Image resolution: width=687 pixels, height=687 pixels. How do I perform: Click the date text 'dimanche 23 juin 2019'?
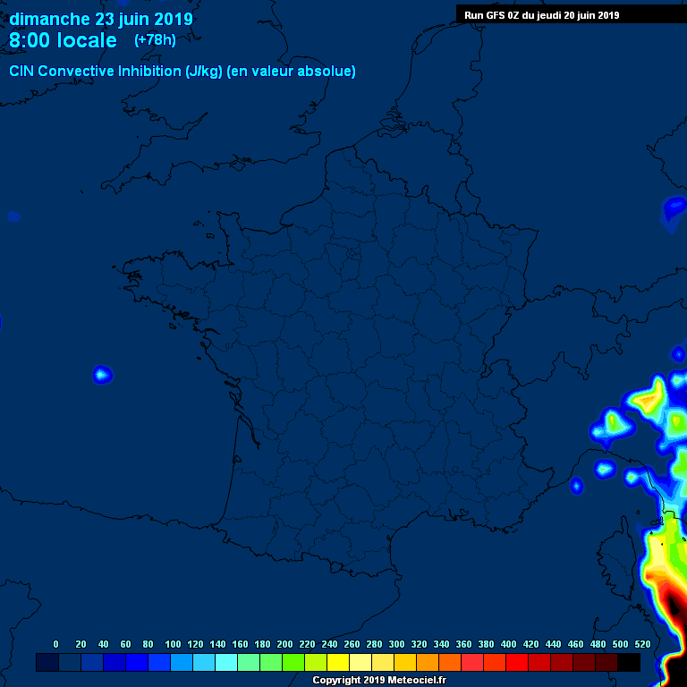click(x=100, y=19)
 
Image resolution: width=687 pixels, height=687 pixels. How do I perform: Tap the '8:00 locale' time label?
click(x=63, y=40)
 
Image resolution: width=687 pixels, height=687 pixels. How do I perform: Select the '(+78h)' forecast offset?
click(x=155, y=39)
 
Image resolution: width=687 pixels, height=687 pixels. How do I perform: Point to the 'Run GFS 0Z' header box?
click(x=542, y=14)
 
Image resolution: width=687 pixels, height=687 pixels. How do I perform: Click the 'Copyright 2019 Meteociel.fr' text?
click(x=379, y=681)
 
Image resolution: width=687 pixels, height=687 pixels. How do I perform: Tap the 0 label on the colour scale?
click(x=56, y=644)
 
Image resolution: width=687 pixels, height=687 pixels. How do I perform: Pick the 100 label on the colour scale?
click(x=173, y=644)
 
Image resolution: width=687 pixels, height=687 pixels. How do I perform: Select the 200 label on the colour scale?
click(x=285, y=644)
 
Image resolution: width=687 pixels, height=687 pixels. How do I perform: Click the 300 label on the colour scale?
click(x=397, y=644)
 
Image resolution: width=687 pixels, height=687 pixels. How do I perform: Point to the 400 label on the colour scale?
click(x=509, y=644)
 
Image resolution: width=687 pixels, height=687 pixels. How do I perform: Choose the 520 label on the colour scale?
click(x=642, y=644)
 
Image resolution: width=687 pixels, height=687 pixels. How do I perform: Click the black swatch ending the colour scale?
click(x=629, y=662)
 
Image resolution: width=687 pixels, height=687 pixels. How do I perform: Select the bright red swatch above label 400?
click(x=517, y=662)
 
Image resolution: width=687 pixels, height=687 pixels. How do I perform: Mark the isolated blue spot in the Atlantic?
click(x=102, y=374)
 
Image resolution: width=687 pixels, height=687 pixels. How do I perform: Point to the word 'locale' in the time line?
click(x=87, y=40)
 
